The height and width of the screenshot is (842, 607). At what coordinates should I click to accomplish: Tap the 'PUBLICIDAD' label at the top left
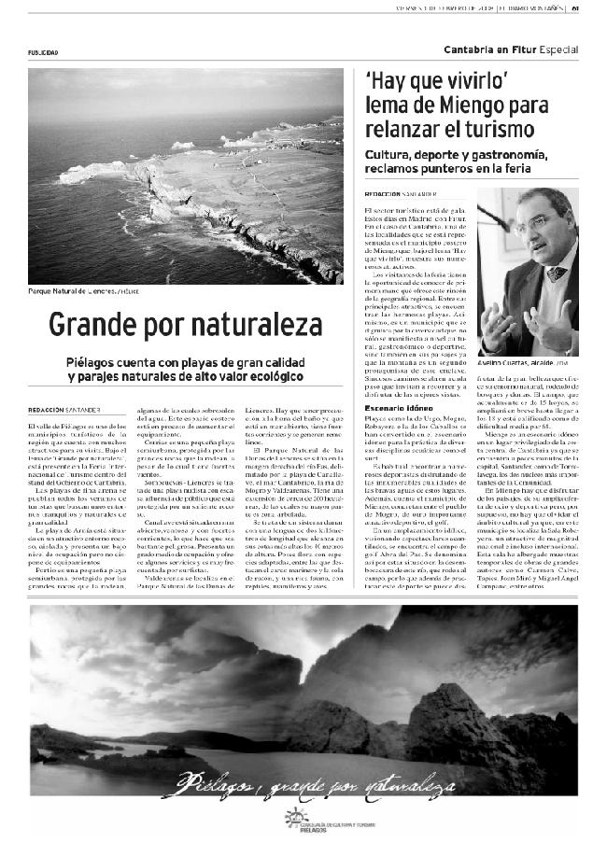pyautogui.click(x=43, y=52)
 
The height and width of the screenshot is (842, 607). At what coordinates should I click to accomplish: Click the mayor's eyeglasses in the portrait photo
pyautogui.click(x=533, y=223)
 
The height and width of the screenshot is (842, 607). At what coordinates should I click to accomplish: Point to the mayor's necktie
pyautogui.click(x=558, y=274)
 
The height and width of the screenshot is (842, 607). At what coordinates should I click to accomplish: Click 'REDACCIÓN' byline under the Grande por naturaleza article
pyautogui.click(x=46, y=410)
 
